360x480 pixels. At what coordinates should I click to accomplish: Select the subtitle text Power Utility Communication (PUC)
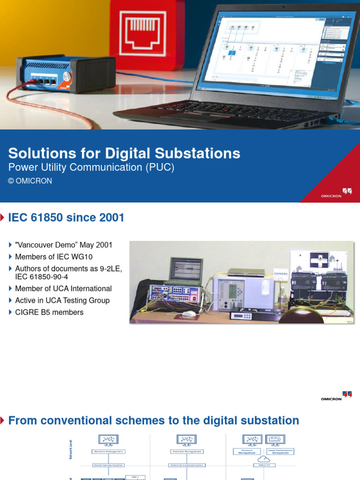(91, 168)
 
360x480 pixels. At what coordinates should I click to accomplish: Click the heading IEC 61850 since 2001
(67, 217)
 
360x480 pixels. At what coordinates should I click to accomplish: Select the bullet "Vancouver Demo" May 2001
(64, 245)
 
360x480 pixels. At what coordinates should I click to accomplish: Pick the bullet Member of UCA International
(63, 289)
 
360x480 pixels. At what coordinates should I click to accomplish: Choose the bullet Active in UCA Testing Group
(62, 300)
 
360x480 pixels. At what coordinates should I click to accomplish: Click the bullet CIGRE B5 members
(49, 312)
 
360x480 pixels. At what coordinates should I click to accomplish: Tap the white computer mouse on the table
(188, 314)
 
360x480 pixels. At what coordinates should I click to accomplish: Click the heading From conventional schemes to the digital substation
(154, 420)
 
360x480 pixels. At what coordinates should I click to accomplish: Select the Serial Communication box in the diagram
(108, 465)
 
